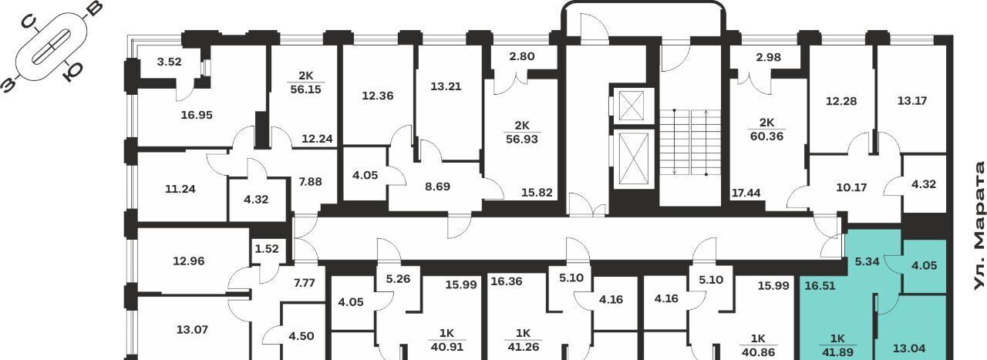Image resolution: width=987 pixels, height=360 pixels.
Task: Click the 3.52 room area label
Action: [x=169, y=62]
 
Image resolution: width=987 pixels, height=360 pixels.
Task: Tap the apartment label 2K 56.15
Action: [x=306, y=82]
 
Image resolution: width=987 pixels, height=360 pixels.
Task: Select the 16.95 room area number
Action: [x=197, y=115]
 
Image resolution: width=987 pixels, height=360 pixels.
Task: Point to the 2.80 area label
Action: [x=522, y=56]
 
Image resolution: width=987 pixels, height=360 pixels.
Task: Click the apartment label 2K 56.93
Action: [x=522, y=132]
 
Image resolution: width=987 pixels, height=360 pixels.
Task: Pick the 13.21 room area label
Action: [x=446, y=86]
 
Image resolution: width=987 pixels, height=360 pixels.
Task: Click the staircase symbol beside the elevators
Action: [x=690, y=142]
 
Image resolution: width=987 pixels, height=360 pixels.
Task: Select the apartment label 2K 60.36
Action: [x=766, y=130]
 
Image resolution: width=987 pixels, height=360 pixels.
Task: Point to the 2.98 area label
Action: [x=768, y=57]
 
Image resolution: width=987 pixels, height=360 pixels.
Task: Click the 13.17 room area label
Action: [x=912, y=101]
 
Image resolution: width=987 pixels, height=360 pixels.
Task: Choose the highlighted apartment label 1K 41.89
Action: [x=837, y=345]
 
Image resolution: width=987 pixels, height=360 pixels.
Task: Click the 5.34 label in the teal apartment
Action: [x=867, y=262]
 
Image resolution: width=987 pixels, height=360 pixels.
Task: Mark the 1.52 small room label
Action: [x=267, y=249]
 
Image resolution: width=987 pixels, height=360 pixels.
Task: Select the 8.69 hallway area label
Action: [x=437, y=187]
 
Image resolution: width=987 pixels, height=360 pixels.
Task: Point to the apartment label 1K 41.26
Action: [x=523, y=340]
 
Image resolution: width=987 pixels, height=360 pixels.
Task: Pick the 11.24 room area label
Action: [x=180, y=189]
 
